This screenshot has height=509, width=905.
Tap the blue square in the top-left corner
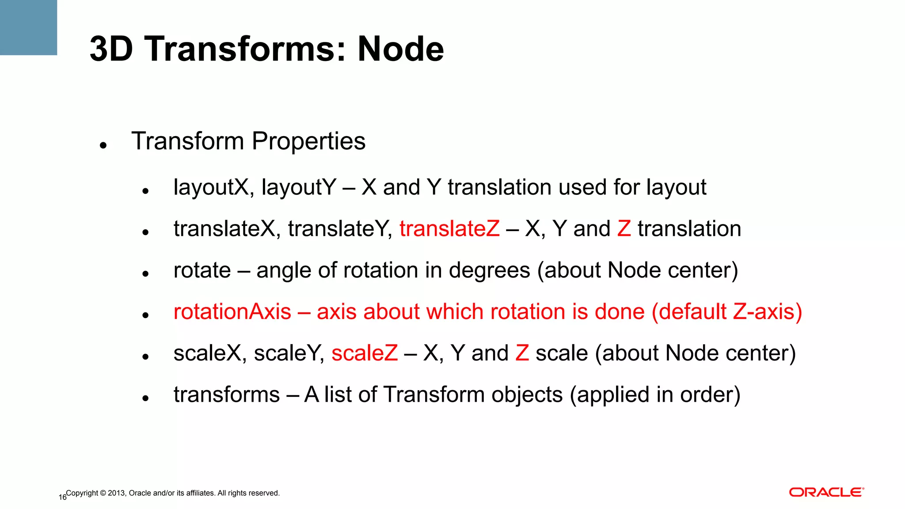pos(28,27)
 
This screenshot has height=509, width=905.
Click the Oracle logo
pos(826,492)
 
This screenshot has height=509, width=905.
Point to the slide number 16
pos(62,498)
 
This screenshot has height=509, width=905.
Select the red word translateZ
pos(449,229)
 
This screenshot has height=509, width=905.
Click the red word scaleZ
pos(365,353)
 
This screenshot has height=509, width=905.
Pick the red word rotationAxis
pos(232,312)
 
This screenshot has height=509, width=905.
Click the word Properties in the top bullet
pos(308,141)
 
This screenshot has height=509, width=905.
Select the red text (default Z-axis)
pos(727,312)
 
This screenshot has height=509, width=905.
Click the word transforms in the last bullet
pos(227,395)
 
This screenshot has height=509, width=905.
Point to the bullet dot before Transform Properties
pos(103,145)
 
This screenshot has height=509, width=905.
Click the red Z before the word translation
pos(624,229)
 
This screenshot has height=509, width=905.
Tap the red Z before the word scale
pos(522,353)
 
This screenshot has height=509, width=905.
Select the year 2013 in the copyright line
pos(116,493)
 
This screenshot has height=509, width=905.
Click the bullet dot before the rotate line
pos(145,274)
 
